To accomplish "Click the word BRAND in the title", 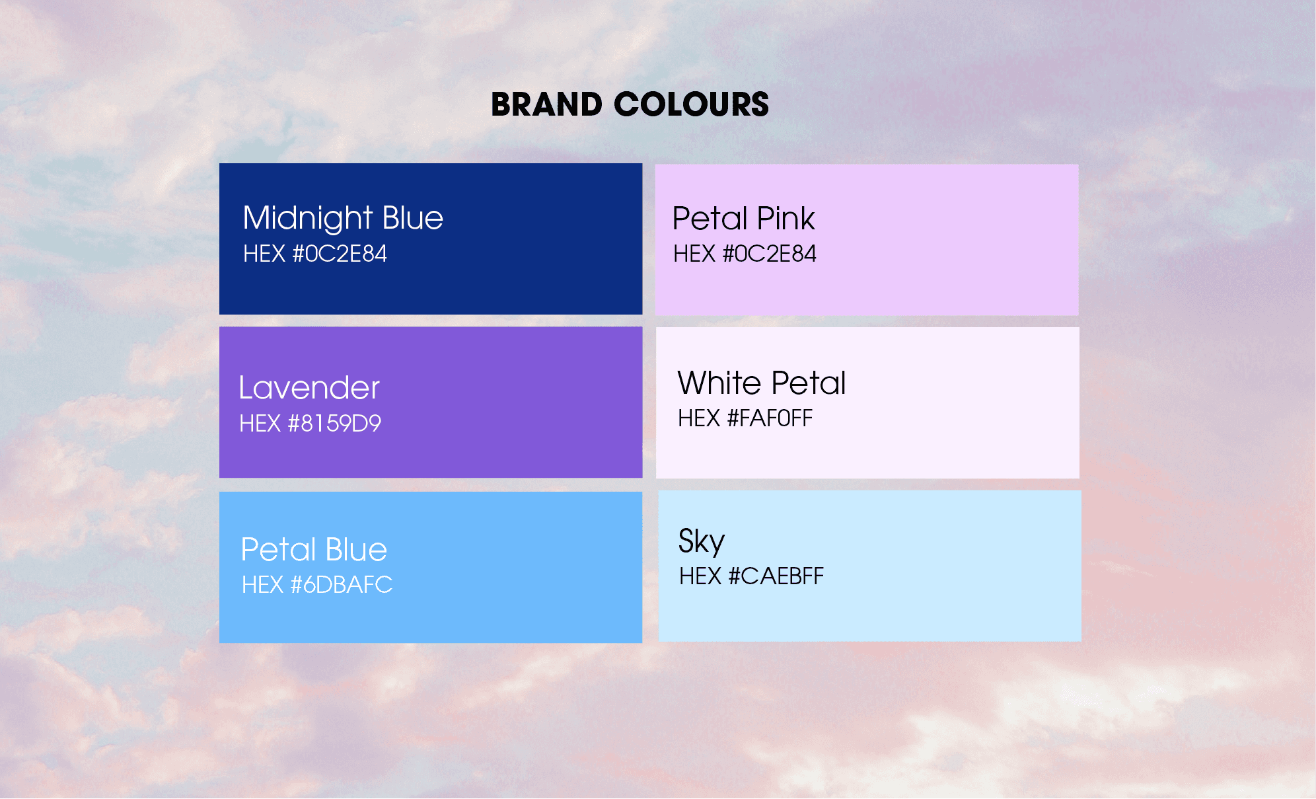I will coord(546,104).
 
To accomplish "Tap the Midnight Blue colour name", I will coord(343,218).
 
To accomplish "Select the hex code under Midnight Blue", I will coord(315,254).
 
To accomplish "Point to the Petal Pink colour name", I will coord(743,219).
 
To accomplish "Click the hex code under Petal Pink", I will coord(745,254).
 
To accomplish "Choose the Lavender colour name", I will coord(309,388).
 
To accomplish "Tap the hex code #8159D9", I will coord(311,424).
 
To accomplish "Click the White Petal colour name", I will coord(762,383).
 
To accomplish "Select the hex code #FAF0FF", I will coord(745,418).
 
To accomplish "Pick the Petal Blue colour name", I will coord(314,550).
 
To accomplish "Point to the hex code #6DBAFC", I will coord(317,585).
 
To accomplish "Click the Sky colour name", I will coord(702,542).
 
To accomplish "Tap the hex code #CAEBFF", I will coord(751,576).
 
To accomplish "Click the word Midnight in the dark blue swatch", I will coord(308,218).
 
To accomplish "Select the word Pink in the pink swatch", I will coord(786,219).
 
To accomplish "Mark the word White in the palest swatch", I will coord(719,383).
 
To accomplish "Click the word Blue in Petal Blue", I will coord(356,550).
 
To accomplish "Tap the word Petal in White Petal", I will coord(809,383).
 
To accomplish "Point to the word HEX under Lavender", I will coord(260,424).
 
